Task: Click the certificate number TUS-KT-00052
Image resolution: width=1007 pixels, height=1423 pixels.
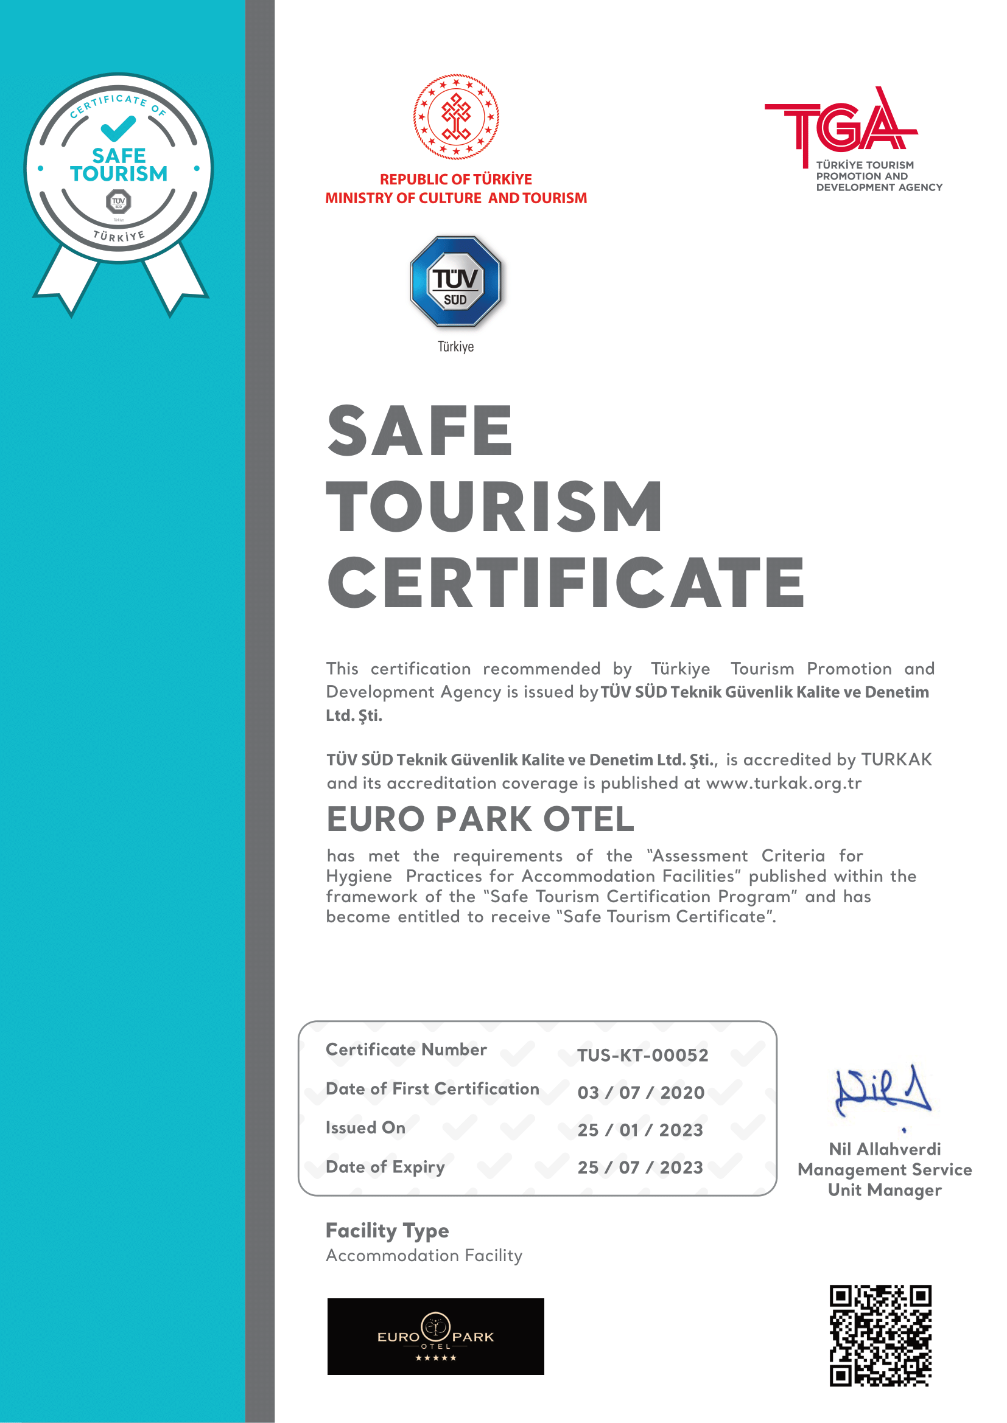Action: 642,1055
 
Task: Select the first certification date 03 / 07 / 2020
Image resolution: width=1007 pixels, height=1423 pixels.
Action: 640,1093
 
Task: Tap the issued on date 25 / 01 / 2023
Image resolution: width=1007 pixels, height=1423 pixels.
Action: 640,1130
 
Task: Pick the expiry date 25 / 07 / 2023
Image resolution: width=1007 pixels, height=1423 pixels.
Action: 640,1167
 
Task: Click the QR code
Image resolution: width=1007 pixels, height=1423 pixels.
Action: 880,1335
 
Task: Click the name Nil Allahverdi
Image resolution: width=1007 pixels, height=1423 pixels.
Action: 885,1149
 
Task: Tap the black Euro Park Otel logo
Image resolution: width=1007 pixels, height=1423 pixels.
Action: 435,1336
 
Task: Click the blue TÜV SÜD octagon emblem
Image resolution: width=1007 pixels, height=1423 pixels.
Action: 456,282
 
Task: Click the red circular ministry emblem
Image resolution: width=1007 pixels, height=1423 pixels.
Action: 457,117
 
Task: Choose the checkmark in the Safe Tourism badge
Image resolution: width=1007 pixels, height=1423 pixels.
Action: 118,128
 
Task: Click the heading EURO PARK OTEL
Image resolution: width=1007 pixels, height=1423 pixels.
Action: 480,819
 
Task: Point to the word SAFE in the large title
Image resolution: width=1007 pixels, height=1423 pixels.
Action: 420,430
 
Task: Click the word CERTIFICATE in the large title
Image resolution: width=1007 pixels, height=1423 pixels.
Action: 566,583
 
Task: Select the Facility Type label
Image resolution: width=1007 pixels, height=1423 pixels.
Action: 387,1230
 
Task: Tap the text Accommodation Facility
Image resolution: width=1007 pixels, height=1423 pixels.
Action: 424,1256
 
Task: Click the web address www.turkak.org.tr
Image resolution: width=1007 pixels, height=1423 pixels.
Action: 784,784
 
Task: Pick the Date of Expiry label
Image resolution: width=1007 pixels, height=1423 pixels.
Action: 385,1167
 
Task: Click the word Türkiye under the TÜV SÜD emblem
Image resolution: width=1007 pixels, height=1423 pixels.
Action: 456,347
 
